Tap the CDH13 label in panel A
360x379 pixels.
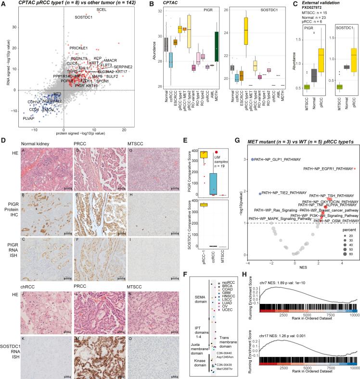pos(20,102)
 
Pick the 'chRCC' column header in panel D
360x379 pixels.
pos(27,256)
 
